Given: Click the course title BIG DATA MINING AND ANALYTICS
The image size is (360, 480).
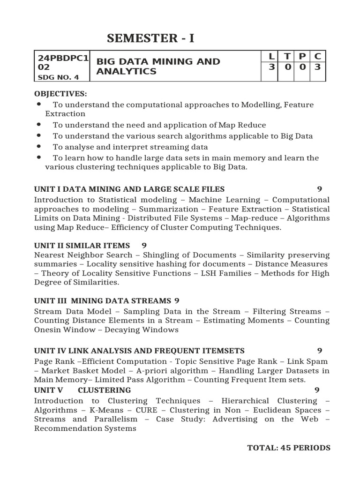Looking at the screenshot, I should (x=158, y=67).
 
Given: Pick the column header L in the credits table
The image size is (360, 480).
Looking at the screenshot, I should (x=271, y=57).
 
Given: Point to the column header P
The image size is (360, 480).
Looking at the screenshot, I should (x=302, y=57).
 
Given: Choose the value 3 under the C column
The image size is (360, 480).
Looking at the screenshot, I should (x=317, y=67).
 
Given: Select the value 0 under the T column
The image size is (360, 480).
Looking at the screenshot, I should (x=287, y=67).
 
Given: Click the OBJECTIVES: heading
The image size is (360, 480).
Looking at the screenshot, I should (x=60, y=94).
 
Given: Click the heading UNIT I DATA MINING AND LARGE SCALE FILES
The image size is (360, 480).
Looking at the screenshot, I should (x=129, y=189).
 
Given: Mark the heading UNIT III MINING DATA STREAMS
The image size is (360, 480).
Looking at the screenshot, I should (x=103, y=300).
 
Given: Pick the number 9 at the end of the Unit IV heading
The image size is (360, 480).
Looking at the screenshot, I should (x=319, y=351).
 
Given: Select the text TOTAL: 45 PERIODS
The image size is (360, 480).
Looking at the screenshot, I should (x=289, y=448).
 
